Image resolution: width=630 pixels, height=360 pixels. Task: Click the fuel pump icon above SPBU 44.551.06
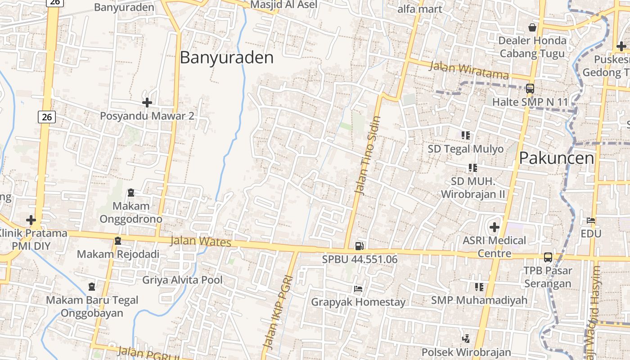click(359, 246)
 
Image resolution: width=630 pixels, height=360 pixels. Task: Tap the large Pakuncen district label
click(556, 158)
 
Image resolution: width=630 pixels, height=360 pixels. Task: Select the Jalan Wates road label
click(201, 241)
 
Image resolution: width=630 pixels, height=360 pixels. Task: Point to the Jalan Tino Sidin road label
click(368, 155)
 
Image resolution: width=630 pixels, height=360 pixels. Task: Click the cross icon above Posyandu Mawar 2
click(147, 103)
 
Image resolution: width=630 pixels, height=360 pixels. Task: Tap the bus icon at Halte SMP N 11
click(530, 89)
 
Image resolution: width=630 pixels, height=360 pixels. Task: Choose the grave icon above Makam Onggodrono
click(131, 193)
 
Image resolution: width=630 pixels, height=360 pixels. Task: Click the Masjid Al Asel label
click(283, 4)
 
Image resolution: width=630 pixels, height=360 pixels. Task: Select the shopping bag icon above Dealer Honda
click(532, 27)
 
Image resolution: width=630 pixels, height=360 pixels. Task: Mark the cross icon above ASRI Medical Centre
click(495, 227)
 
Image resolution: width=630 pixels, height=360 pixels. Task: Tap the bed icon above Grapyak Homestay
click(358, 288)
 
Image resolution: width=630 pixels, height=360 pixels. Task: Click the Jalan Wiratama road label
click(469, 70)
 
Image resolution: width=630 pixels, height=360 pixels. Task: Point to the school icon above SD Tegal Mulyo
click(465, 135)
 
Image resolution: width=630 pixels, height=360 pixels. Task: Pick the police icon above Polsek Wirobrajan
click(466, 338)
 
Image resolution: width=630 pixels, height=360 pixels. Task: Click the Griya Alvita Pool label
click(182, 280)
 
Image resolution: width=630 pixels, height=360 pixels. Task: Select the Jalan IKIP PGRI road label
click(278, 312)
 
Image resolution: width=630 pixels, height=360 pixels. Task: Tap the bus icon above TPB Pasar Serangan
click(548, 257)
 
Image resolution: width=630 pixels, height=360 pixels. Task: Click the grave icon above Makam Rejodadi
click(118, 241)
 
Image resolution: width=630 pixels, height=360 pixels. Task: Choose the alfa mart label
click(420, 9)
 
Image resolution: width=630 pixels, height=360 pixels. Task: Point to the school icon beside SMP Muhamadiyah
click(479, 287)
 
